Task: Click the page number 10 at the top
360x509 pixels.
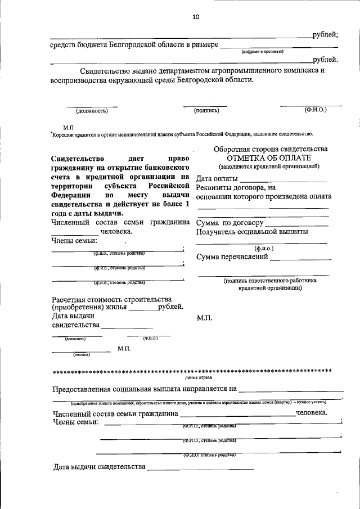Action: point(195,17)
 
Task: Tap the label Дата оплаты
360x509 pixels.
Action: point(217,179)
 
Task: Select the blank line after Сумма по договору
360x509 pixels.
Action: point(297,223)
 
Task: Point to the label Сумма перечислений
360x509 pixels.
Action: point(232,257)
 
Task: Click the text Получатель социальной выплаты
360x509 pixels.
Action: point(251,232)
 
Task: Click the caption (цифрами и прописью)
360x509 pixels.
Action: point(262,51)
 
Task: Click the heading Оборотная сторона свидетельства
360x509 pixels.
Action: point(270,148)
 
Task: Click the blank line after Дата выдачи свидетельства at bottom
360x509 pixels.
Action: point(200,467)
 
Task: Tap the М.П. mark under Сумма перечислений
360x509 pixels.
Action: point(204,318)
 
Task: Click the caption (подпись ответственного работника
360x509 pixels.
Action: point(269,280)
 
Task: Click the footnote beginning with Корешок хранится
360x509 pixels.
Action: point(181,134)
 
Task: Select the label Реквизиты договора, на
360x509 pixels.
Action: point(236,187)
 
